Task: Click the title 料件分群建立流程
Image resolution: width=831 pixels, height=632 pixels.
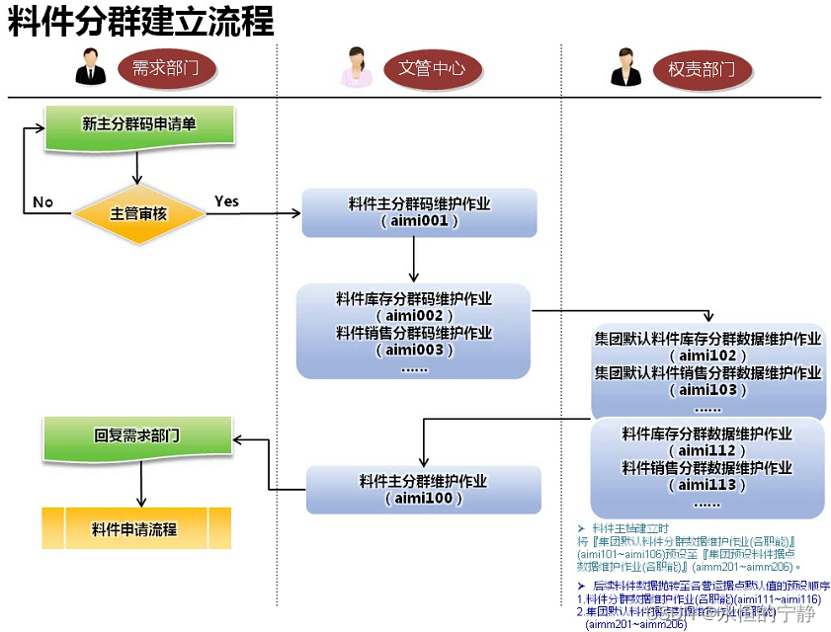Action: click(x=141, y=21)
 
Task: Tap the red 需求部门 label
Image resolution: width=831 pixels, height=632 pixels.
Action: click(x=165, y=69)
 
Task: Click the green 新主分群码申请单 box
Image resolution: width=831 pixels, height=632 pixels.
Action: click(x=137, y=124)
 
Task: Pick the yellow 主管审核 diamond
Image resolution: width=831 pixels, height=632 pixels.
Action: click(x=137, y=212)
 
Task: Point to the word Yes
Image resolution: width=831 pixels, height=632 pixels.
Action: click(x=226, y=201)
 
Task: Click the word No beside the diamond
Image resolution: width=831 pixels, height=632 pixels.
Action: click(x=42, y=201)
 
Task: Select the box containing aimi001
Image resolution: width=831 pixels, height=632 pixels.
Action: click(x=419, y=212)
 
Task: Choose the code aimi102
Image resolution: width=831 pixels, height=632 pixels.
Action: click(x=707, y=355)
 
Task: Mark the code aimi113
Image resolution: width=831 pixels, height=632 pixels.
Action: click(x=707, y=485)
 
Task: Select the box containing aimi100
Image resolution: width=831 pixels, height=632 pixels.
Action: click(x=423, y=490)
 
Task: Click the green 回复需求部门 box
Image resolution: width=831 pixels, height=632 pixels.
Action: click(x=137, y=435)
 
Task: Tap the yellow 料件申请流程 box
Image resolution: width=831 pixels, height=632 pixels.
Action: click(x=135, y=528)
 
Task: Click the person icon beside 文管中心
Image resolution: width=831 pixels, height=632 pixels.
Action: click(x=356, y=67)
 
